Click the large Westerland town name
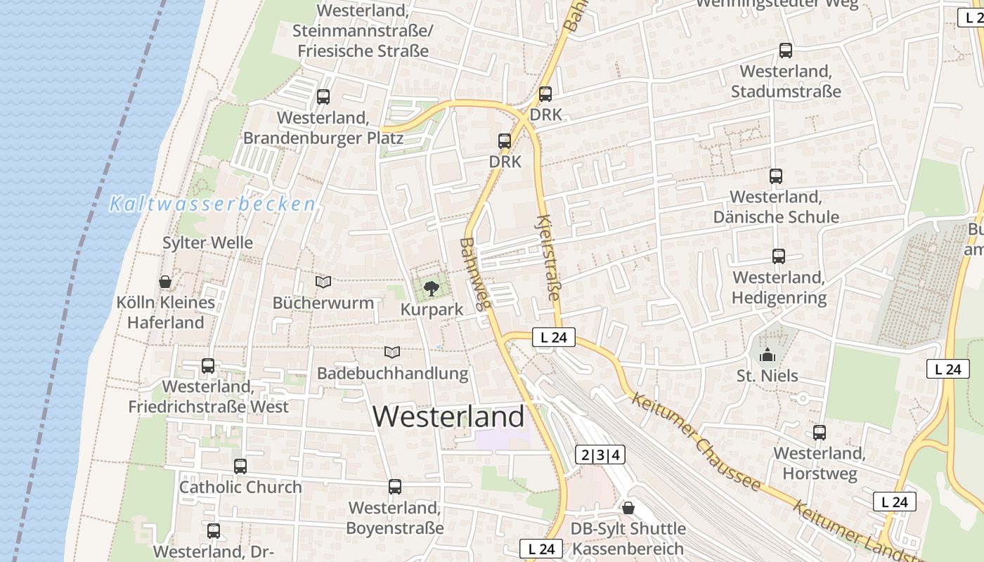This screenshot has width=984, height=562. (448, 417)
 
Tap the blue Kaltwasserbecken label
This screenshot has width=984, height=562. (212, 204)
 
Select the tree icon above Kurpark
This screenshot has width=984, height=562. (432, 287)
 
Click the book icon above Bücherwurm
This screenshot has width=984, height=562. (323, 282)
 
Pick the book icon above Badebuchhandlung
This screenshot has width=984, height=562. (392, 352)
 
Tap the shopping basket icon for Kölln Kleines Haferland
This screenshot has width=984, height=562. (165, 282)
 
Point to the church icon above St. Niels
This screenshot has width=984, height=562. (767, 355)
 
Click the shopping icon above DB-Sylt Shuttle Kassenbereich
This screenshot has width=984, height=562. (628, 507)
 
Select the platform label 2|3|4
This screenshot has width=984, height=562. (601, 455)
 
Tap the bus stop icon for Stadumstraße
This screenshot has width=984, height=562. (786, 51)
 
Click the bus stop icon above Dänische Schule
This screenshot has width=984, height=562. (776, 176)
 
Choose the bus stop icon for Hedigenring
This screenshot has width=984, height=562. (778, 256)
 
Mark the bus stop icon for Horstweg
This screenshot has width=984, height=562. (820, 432)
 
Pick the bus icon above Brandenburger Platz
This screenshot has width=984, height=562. (323, 96)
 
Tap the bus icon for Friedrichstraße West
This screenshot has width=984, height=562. (208, 365)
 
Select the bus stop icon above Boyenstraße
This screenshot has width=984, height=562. (395, 486)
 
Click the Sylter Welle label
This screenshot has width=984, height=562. (207, 243)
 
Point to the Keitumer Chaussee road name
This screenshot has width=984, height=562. (696, 441)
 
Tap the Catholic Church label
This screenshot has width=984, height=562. (240, 487)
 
